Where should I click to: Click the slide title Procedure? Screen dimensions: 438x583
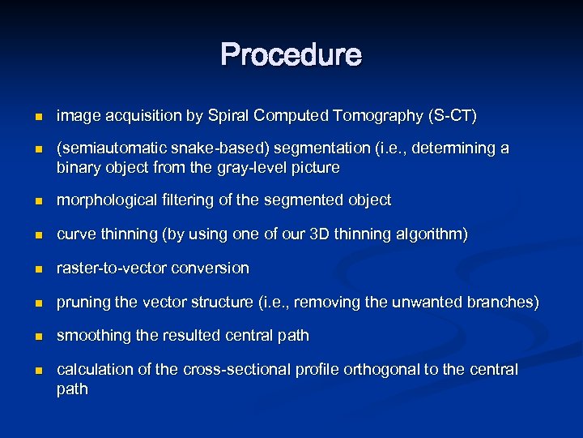tap(291, 55)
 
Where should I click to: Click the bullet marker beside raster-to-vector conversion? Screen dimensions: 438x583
tap(36, 268)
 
